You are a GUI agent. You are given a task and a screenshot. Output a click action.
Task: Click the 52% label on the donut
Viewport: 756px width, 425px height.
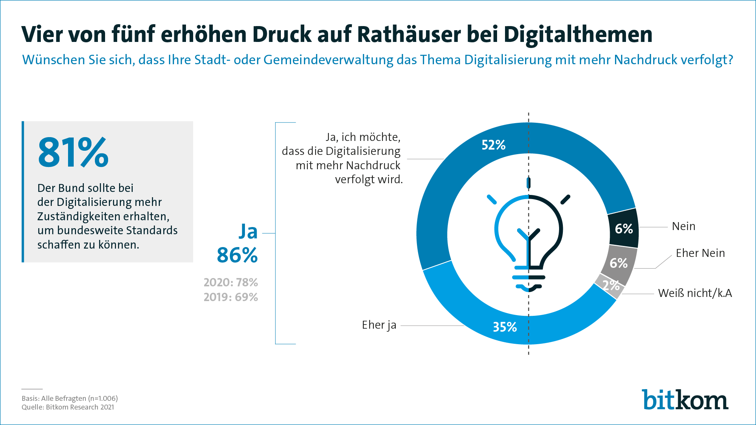pyautogui.click(x=493, y=145)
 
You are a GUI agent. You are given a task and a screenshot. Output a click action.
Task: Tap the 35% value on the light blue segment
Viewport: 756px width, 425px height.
pyautogui.click(x=505, y=327)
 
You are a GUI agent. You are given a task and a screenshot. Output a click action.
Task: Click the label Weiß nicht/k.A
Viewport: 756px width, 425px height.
pyautogui.click(x=695, y=293)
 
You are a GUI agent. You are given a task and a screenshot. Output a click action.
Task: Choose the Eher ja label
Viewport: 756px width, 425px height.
pyautogui.click(x=379, y=325)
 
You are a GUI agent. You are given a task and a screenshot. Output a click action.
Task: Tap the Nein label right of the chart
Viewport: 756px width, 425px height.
pyautogui.click(x=683, y=226)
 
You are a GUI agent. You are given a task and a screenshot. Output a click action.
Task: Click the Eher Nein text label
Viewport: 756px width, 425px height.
pyautogui.click(x=700, y=253)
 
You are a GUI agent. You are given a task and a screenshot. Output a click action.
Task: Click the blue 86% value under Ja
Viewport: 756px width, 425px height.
pyautogui.click(x=237, y=255)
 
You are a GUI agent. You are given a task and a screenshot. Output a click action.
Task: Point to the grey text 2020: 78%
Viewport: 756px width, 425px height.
pyautogui.click(x=231, y=283)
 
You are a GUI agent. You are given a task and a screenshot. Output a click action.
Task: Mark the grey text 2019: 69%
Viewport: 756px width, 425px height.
pyautogui.click(x=231, y=297)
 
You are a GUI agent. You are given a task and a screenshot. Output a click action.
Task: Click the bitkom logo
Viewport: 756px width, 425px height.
pyautogui.click(x=685, y=400)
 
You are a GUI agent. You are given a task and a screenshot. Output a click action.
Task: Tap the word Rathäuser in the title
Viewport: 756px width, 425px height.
pyautogui.click(x=409, y=34)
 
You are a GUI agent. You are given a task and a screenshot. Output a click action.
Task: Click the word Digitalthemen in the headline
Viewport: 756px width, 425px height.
pyautogui.click(x=578, y=34)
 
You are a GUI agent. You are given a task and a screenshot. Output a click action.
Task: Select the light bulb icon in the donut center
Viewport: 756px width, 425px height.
pyautogui.click(x=528, y=242)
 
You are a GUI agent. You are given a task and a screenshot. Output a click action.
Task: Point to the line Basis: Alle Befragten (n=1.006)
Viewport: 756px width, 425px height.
pyautogui.click(x=70, y=398)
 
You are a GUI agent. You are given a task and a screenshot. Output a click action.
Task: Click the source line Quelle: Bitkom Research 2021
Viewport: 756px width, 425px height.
pyautogui.click(x=68, y=407)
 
